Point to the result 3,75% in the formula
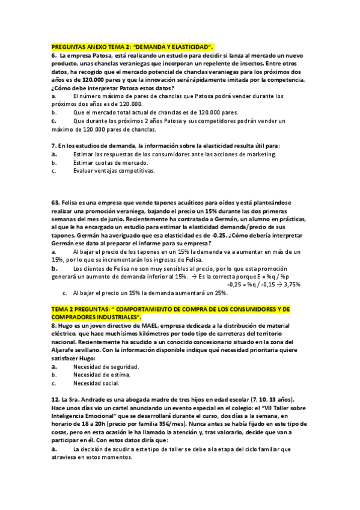pyautogui.click(x=291, y=284)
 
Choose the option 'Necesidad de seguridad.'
pyautogui.click(x=106, y=367)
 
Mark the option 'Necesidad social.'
pyautogui.click(x=96, y=383)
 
